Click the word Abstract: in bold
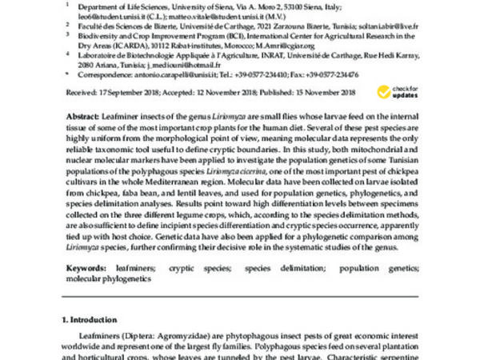[x=83, y=116]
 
